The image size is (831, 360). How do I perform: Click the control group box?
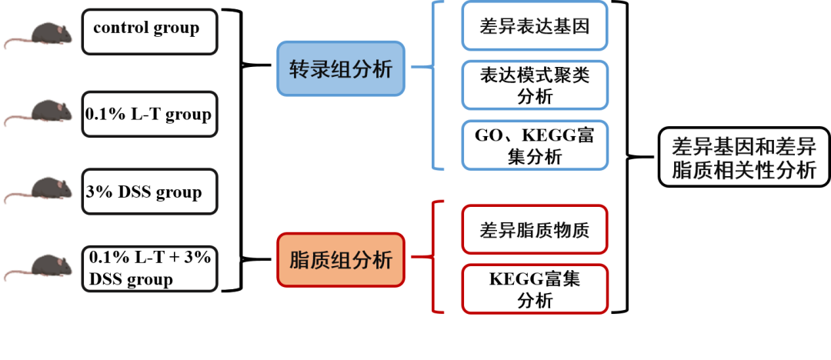click(x=149, y=30)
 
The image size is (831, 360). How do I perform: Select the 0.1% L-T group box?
click(x=149, y=115)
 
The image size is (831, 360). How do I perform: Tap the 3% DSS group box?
click(x=149, y=192)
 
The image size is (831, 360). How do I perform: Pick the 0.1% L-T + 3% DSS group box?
click(x=149, y=268)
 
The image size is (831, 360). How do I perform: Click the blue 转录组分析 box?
click(x=341, y=68)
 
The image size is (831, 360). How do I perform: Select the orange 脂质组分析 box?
click(x=341, y=260)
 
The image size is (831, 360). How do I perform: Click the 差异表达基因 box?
click(x=534, y=26)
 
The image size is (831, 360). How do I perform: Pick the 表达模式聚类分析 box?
click(x=534, y=85)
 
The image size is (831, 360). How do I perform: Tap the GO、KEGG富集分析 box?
click(x=534, y=145)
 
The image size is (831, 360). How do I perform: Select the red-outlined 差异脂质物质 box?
click(x=534, y=228)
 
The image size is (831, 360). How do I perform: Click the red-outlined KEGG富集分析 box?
click(x=534, y=288)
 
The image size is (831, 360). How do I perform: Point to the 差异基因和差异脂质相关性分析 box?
click(x=743, y=157)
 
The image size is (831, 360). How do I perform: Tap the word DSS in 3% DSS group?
click(x=135, y=192)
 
